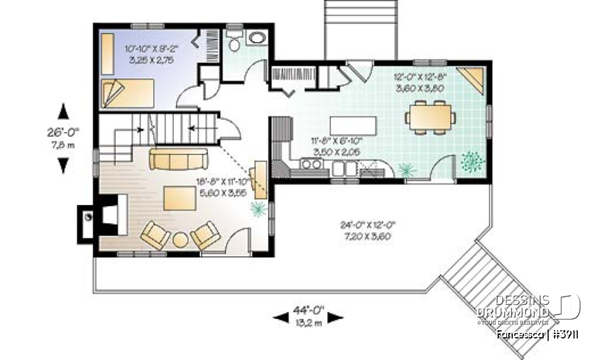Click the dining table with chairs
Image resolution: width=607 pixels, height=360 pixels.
tap(430, 116)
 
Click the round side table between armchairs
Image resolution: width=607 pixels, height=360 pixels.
tap(181, 240)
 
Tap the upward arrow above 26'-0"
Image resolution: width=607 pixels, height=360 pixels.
tap(63, 112)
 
